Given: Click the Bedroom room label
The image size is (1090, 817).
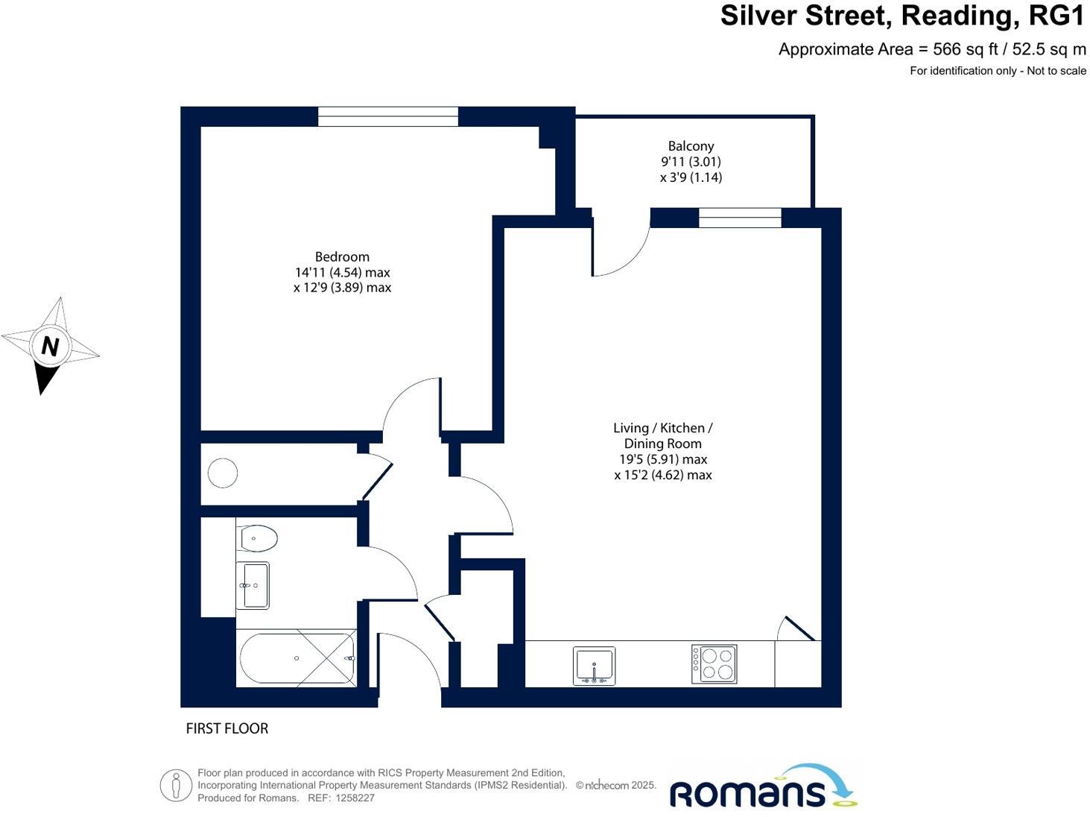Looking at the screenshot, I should [x=342, y=257].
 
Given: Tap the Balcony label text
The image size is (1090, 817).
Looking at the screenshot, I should [x=691, y=146].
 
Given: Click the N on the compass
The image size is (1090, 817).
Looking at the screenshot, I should [x=50, y=346].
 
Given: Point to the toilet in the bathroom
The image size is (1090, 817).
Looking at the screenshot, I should [x=258, y=537].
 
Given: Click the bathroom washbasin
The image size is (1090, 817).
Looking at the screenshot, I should [x=253, y=585].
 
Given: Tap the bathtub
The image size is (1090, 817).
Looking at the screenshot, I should [x=297, y=658].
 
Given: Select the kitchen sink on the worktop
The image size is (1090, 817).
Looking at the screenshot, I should [x=594, y=665].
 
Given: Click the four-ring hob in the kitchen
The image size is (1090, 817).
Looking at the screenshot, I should [x=714, y=663].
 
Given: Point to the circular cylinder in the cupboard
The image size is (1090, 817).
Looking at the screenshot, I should [x=222, y=473].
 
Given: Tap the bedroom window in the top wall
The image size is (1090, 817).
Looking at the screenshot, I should [x=387, y=116].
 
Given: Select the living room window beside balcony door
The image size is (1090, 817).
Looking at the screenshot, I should [x=740, y=217].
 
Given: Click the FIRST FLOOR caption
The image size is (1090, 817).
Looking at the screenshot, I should [x=226, y=728].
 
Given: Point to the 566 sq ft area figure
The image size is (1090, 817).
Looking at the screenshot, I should [x=957, y=49].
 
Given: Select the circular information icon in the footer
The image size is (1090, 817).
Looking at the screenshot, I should [x=176, y=785].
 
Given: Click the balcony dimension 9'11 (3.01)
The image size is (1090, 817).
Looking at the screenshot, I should [x=691, y=162].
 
